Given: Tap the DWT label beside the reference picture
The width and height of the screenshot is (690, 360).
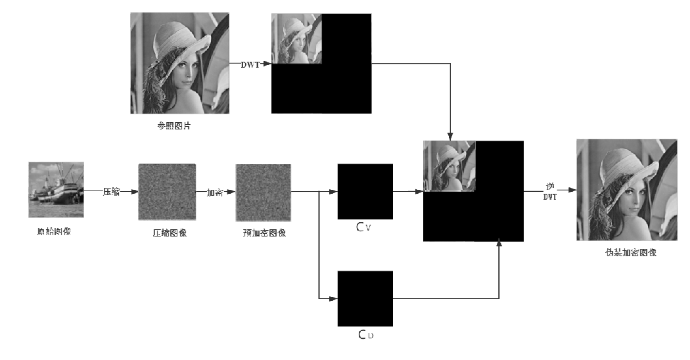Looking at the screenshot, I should tap(251, 64).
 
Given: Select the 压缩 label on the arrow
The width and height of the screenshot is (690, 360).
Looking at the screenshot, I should tap(110, 192).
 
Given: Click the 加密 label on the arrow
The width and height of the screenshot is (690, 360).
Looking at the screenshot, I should tap(215, 192).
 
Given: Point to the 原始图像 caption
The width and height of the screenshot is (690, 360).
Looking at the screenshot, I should tap(54, 231).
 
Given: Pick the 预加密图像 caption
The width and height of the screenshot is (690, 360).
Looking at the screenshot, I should tap(264, 233).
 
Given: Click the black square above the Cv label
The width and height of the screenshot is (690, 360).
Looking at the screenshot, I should tap(365, 191).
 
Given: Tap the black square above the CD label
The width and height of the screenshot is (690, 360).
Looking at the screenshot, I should tap(365, 298).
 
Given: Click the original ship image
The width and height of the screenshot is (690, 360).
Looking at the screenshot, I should tap(56, 190).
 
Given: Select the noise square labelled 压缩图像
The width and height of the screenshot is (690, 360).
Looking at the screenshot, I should tap(167, 192).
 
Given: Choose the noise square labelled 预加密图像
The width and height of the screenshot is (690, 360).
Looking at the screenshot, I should tap(264, 192).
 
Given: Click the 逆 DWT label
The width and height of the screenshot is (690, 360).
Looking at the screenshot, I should tap(549, 190).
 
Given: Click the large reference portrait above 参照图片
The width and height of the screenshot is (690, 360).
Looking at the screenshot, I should tap(179, 63).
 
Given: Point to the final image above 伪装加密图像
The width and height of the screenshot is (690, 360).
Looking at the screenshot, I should tap(626, 190).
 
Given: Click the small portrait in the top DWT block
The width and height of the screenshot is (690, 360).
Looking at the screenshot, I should tap(297, 39).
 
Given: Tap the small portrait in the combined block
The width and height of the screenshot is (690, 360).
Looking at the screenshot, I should tap(449, 166).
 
